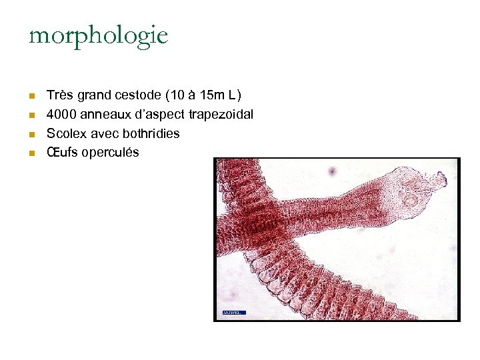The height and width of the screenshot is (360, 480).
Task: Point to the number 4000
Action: [61, 115]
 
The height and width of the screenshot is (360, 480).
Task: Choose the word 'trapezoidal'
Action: [221, 115]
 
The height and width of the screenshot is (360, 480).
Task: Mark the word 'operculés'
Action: [111, 152]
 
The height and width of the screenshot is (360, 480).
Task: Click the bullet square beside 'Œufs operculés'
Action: [31, 153]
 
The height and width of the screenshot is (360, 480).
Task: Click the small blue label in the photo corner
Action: [233, 312]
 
